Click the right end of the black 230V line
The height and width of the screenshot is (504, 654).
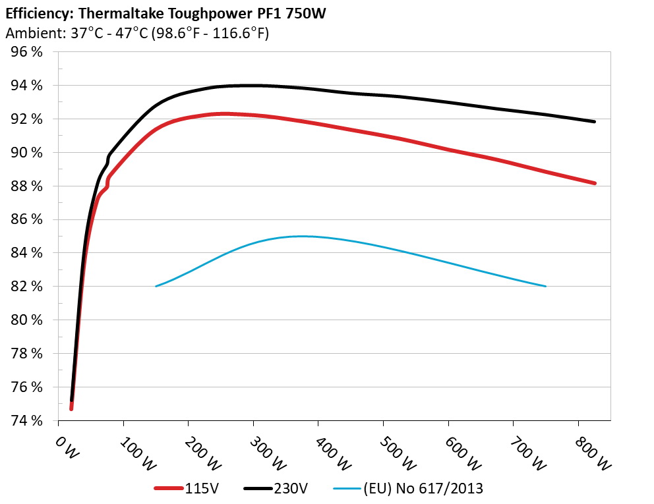[x=594, y=122]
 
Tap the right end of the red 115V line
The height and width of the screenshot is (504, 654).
[x=594, y=183]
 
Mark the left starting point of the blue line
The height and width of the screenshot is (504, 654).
[x=156, y=286]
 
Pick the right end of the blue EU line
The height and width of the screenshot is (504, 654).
[x=546, y=286]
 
